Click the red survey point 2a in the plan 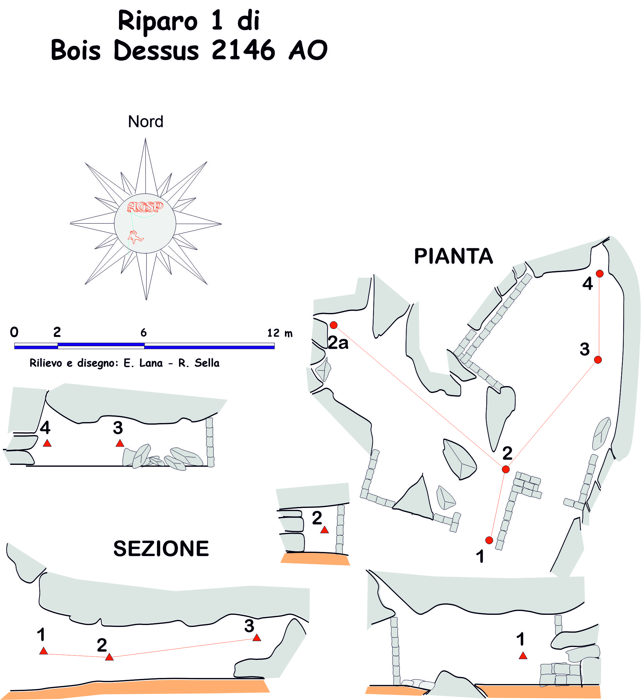333,325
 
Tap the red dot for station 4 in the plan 600,274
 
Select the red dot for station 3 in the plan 598,360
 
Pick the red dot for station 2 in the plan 506,469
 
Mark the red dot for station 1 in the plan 489,540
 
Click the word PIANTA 453,257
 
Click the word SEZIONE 161,549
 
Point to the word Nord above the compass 145,122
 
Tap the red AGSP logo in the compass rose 145,207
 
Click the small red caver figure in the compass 135,237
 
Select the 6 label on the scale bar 143,333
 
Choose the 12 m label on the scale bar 280,333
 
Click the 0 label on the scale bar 14,332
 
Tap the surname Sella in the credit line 207,363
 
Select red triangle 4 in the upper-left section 47,443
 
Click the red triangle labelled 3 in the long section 257,638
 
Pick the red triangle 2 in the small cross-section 324,530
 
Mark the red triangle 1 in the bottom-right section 523,656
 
